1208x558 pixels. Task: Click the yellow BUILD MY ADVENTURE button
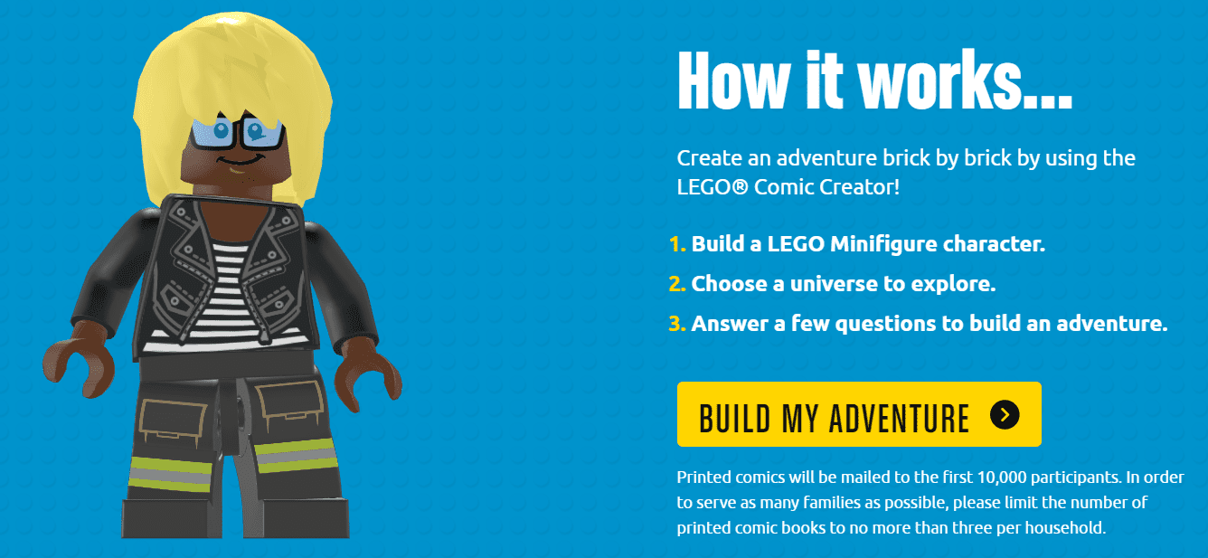click(x=858, y=414)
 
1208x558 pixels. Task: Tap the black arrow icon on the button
click(x=1005, y=415)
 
